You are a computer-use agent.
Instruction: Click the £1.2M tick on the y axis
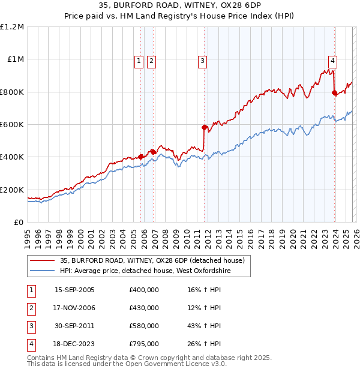click(x=12, y=27)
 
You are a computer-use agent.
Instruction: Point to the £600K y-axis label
click(x=12, y=125)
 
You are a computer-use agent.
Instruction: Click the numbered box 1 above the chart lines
click(x=139, y=60)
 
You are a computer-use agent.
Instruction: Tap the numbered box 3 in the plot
click(x=203, y=60)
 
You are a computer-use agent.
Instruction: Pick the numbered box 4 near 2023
click(x=332, y=60)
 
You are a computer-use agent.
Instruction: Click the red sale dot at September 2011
click(x=204, y=127)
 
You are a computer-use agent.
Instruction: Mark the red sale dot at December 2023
click(x=334, y=92)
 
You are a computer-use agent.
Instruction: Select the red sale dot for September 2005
click(x=141, y=157)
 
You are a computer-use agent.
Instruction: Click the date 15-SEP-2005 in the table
click(x=74, y=290)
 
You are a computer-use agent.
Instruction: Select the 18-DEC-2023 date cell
click(x=74, y=344)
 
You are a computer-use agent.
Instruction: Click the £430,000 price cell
click(x=144, y=308)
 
